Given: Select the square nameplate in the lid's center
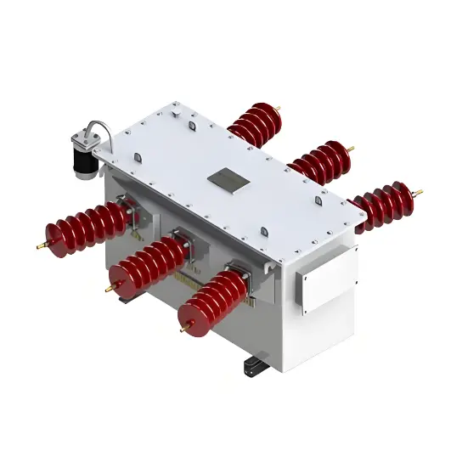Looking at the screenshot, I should pos(228,177).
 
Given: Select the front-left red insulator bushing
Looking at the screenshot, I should pos(88,228).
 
